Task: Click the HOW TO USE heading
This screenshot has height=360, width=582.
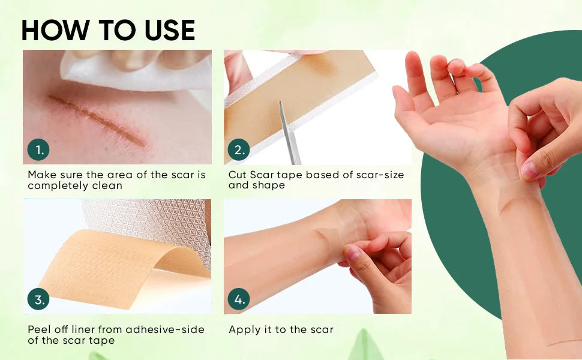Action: (x=108, y=30)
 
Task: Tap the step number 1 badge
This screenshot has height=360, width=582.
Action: (x=38, y=149)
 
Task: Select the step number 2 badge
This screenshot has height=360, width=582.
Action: (x=239, y=149)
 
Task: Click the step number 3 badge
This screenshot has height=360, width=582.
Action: (x=38, y=299)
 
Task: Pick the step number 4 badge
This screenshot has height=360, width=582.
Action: (x=239, y=299)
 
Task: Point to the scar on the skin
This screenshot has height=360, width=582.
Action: (x=97, y=120)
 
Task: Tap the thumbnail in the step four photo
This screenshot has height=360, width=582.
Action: (x=353, y=253)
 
